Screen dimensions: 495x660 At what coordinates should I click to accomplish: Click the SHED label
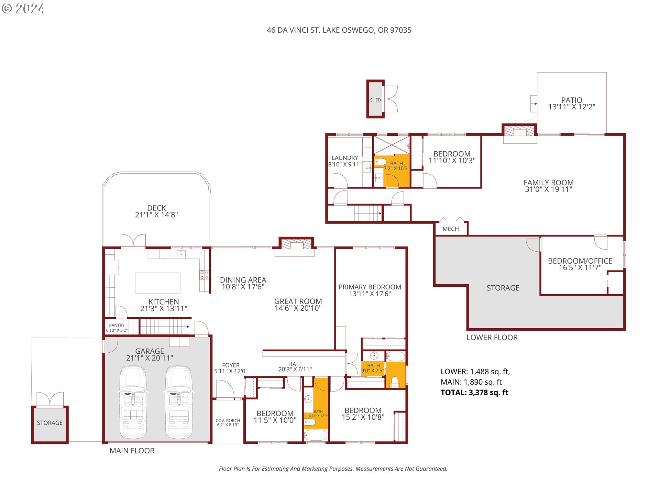(375, 100)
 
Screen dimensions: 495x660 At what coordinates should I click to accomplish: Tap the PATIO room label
(571, 100)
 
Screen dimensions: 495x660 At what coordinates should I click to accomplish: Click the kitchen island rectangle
(157, 283)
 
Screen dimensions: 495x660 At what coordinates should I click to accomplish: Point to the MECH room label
(450, 229)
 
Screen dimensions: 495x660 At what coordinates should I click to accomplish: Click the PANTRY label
(117, 325)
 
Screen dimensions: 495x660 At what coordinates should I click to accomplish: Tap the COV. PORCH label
(228, 421)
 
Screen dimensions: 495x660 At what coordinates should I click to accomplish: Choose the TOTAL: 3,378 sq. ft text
(474, 393)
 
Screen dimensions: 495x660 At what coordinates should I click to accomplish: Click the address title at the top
(339, 30)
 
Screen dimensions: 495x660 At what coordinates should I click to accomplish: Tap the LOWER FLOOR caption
(492, 338)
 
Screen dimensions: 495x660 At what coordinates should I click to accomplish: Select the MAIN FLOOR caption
(132, 451)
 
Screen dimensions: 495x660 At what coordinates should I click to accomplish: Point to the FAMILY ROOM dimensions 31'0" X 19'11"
(548, 189)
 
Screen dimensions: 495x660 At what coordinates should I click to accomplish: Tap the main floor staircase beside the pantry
(164, 326)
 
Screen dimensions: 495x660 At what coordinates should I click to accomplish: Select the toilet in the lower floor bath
(381, 162)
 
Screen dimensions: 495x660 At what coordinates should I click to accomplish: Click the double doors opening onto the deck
(133, 240)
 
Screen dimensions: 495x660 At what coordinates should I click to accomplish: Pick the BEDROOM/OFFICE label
(580, 261)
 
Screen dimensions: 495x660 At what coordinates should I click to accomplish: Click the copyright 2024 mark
(23, 9)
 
